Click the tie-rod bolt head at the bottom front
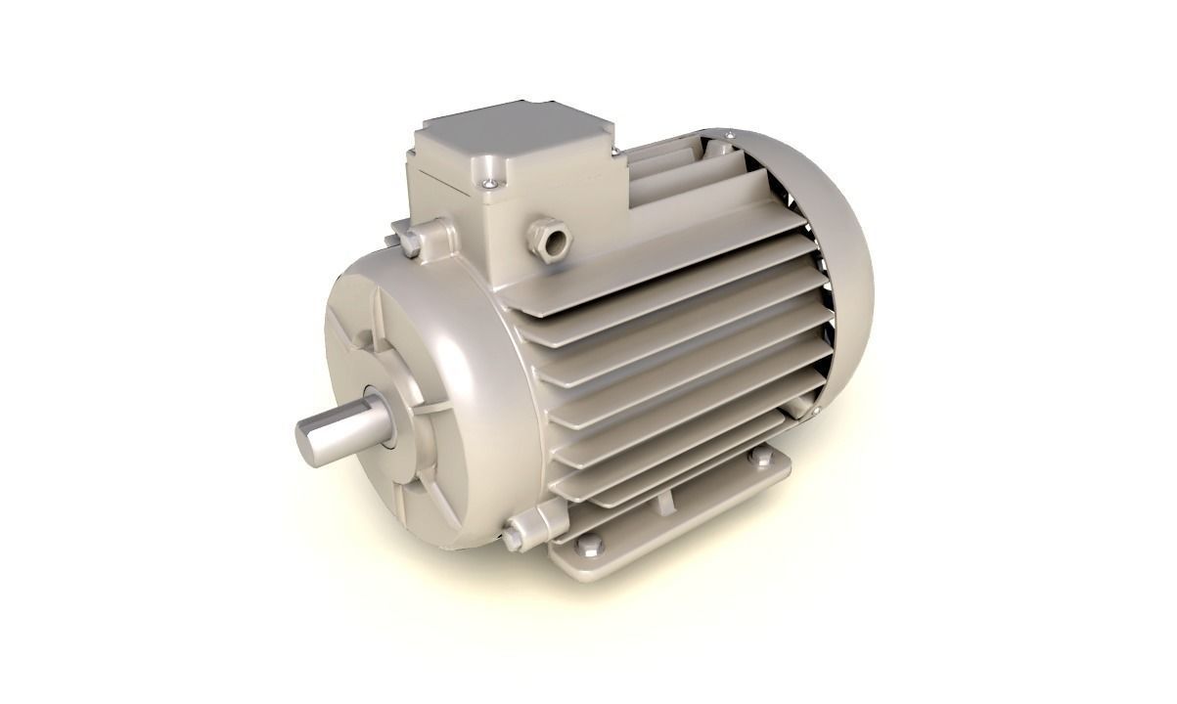513,535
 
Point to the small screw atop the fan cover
730,130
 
